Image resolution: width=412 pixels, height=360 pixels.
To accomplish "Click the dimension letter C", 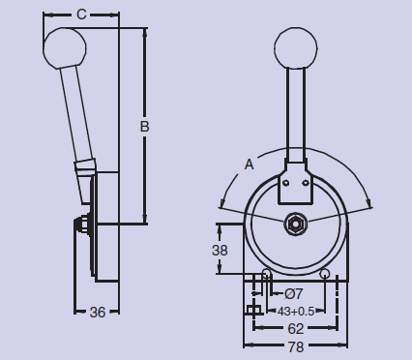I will [82, 14].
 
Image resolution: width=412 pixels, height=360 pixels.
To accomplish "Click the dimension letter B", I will [145, 126].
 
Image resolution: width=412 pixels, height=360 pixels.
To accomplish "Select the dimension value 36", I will [98, 312].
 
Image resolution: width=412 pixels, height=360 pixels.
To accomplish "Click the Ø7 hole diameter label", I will [294, 293].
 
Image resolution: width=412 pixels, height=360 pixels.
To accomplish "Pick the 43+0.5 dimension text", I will [295, 311].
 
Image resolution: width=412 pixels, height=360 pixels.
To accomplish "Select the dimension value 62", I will [295, 329].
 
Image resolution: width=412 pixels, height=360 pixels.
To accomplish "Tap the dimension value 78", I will [295, 347].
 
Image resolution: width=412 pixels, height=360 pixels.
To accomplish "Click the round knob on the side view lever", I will [66, 48].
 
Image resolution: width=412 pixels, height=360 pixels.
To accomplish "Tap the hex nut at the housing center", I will [295, 224].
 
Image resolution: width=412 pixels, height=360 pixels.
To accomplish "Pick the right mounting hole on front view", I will [326, 274].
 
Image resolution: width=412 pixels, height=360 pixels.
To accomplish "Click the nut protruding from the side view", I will [79, 225].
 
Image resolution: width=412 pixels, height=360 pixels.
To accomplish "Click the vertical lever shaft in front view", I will [295, 116].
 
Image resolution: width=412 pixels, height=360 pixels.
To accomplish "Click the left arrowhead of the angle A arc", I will [221, 205].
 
